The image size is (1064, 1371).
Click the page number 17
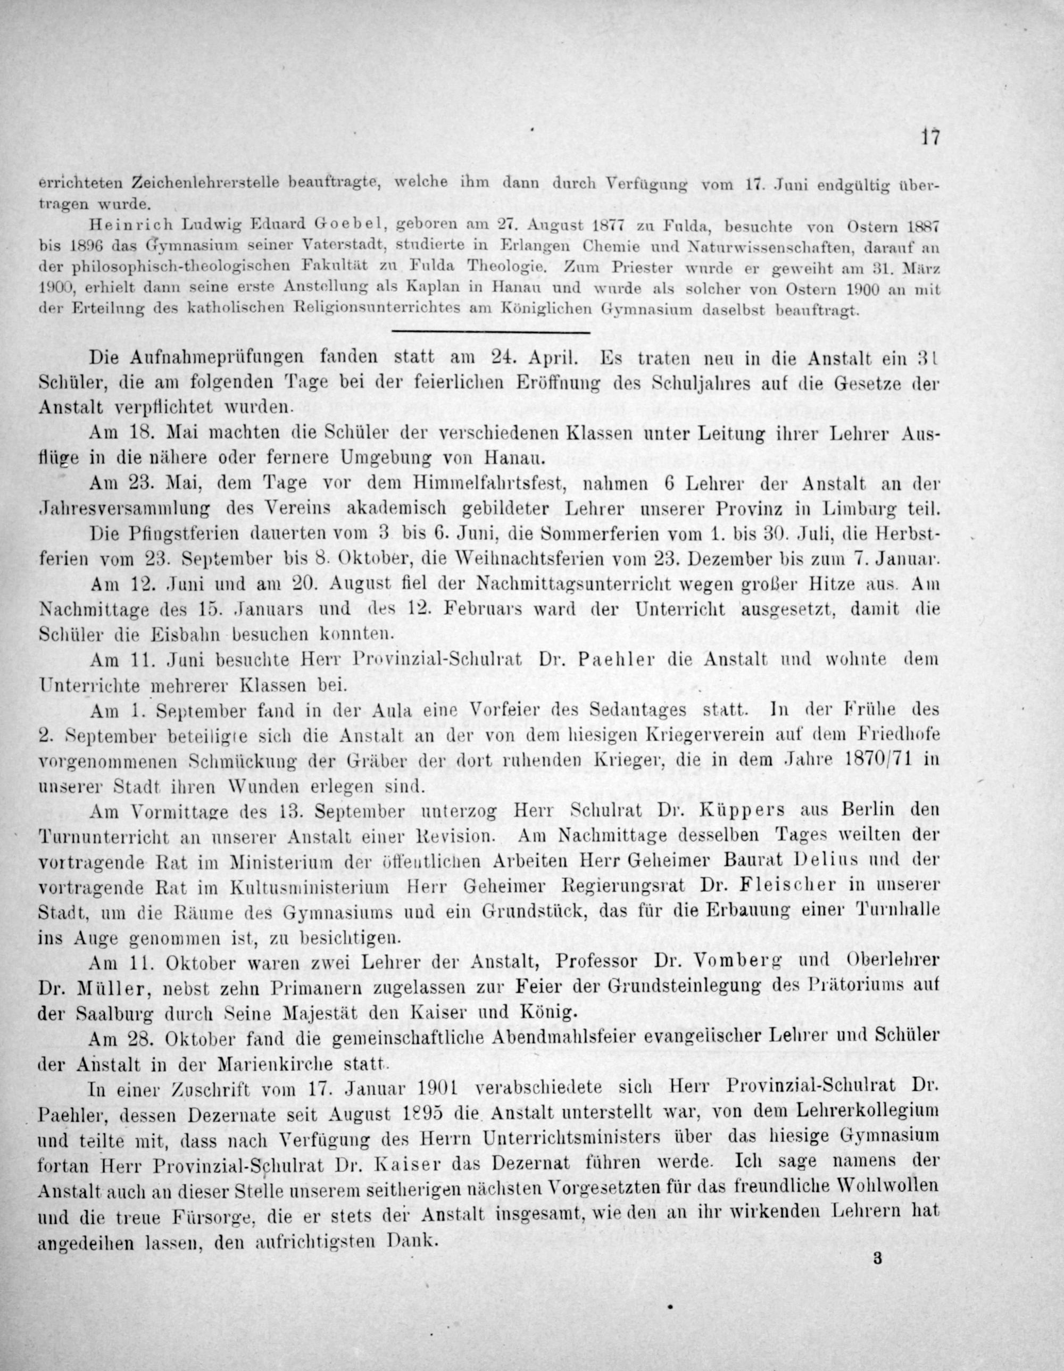pos(929,137)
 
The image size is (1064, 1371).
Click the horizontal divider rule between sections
pos(490,331)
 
